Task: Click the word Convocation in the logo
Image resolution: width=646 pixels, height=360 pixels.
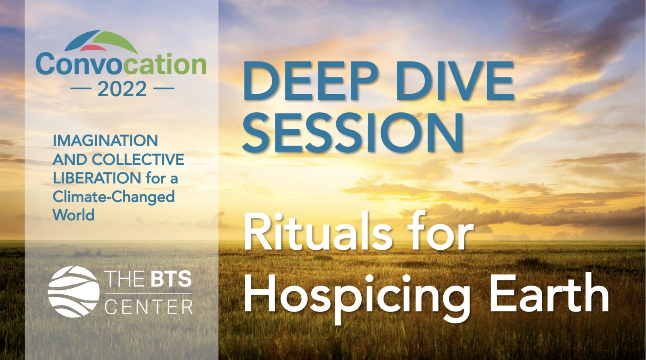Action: pyautogui.click(x=121, y=64)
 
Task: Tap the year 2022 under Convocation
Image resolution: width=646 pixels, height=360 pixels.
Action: pyautogui.click(x=122, y=89)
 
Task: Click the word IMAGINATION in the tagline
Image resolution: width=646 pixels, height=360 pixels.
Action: pyautogui.click(x=105, y=141)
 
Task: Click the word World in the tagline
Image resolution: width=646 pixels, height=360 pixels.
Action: pyautogui.click(x=73, y=215)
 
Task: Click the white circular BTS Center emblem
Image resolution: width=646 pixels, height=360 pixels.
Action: pyautogui.click(x=74, y=292)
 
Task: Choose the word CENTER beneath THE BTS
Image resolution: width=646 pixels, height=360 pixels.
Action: pyautogui.click(x=148, y=307)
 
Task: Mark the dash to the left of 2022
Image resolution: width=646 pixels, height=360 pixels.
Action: pyautogui.click(x=80, y=88)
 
